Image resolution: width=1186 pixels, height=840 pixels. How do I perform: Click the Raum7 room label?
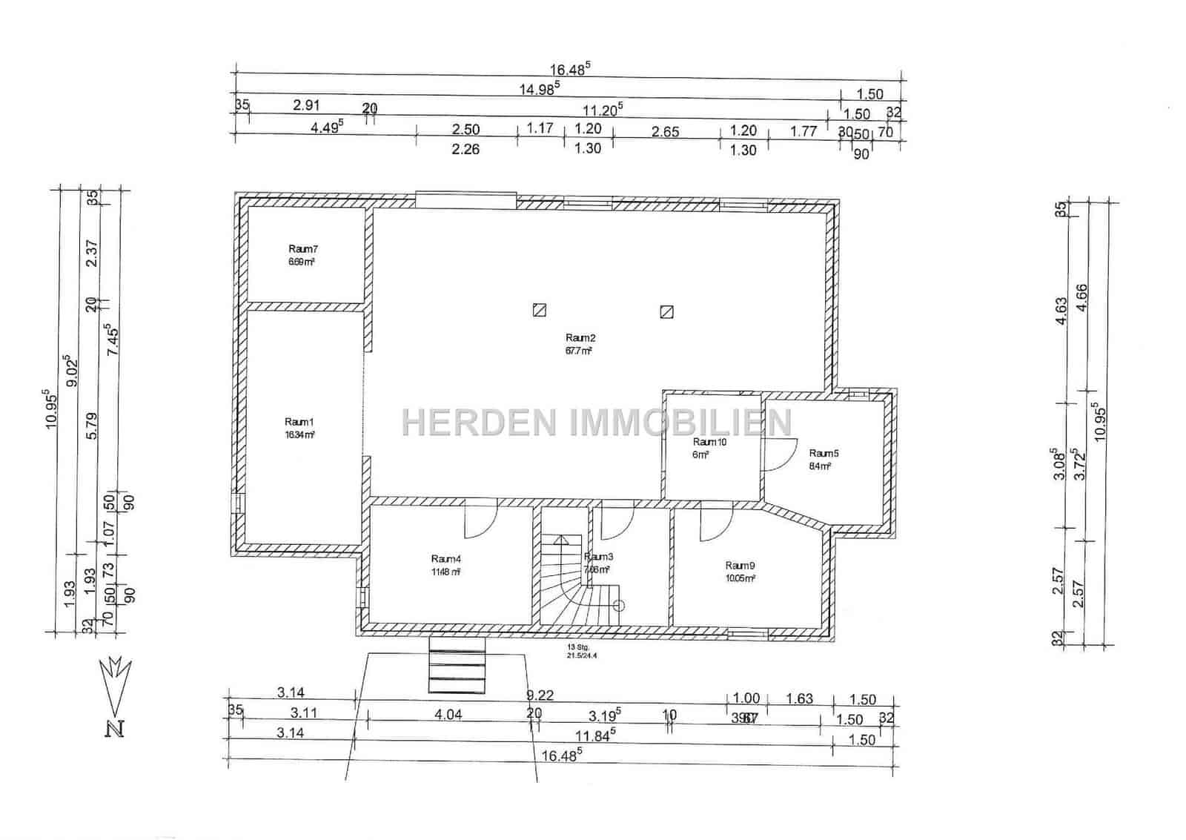click(x=303, y=250)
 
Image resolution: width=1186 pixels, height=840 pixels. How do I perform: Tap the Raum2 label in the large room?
click(x=578, y=339)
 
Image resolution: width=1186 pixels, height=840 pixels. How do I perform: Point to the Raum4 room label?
click(x=445, y=559)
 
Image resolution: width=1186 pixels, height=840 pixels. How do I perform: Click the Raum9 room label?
click(x=740, y=566)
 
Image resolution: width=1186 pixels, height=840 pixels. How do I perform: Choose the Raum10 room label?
click(x=709, y=443)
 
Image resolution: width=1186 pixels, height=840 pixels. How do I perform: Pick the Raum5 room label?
click(x=824, y=454)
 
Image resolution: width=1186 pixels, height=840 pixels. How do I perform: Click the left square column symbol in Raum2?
click(x=540, y=311)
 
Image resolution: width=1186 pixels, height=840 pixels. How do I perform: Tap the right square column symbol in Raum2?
click(x=666, y=311)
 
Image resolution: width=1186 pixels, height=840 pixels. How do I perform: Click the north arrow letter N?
click(x=115, y=729)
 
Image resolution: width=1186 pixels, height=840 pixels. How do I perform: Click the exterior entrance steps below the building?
click(x=457, y=667)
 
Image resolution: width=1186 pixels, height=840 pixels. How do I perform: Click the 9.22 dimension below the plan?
click(x=540, y=695)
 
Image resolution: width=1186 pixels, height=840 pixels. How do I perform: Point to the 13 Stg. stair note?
click(x=575, y=647)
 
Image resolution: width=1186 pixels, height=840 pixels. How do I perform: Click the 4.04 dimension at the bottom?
click(x=448, y=715)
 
